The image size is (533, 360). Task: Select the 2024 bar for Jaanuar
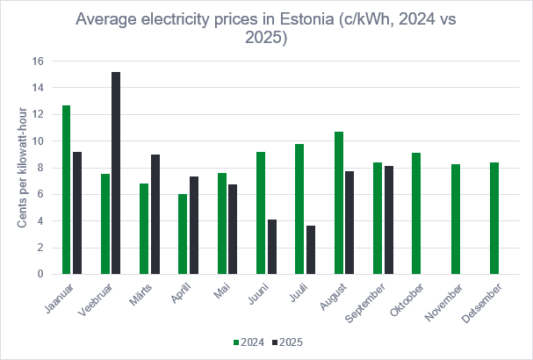pos(67,190)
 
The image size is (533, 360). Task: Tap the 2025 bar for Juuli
pos(311,250)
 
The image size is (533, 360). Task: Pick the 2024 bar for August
pos(339,203)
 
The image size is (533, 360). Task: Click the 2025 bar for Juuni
pos(272,247)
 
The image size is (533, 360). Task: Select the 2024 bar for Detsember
pos(494,219)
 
